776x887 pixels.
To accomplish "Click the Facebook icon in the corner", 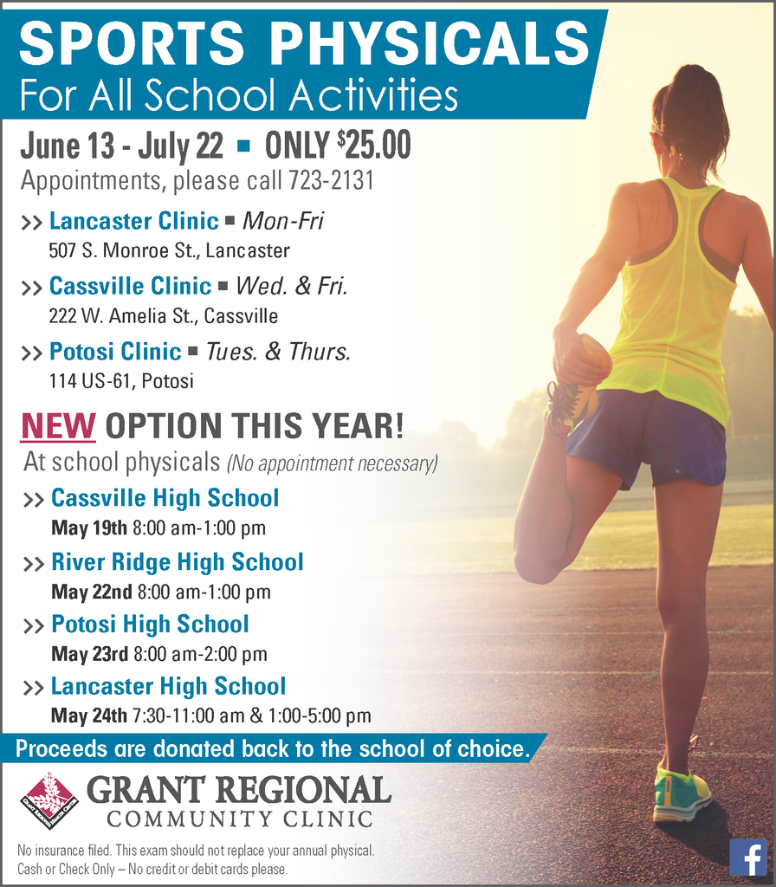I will [x=747, y=857].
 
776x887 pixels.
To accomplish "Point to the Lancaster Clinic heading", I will [x=133, y=221].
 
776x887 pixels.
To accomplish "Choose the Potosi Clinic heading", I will [x=115, y=352].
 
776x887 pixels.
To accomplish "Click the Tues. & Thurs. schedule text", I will [x=277, y=352].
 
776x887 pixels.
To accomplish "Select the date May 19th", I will [x=89, y=528].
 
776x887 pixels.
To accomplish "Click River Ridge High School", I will [x=177, y=562].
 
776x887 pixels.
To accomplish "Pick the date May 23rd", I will [x=90, y=654].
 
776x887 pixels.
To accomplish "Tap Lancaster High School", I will [x=168, y=687].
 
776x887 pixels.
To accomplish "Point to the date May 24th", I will [x=89, y=715].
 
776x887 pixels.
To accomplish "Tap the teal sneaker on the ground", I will [x=681, y=793].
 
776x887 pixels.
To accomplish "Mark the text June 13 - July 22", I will [x=121, y=146].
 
